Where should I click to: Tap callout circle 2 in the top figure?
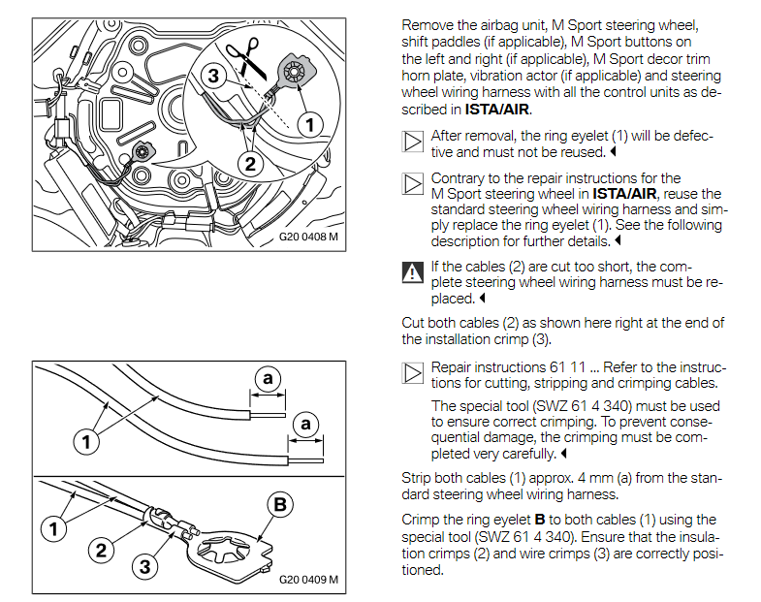tap(250, 164)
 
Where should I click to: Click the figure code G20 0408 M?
tap(308, 236)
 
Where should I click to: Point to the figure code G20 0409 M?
tap(308, 581)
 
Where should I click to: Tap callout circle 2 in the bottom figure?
tap(100, 551)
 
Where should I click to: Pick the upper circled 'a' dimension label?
tap(269, 377)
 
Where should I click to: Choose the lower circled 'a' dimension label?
tap(305, 424)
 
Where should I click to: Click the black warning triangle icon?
tap(412, 272)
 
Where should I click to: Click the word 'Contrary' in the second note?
tap(460, 178)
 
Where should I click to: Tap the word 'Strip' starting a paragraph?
tap(418, 477)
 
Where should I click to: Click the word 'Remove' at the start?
tap(428, 23)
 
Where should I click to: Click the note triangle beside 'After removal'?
tap(412, 143)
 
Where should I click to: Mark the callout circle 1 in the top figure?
tap(308, 124)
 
